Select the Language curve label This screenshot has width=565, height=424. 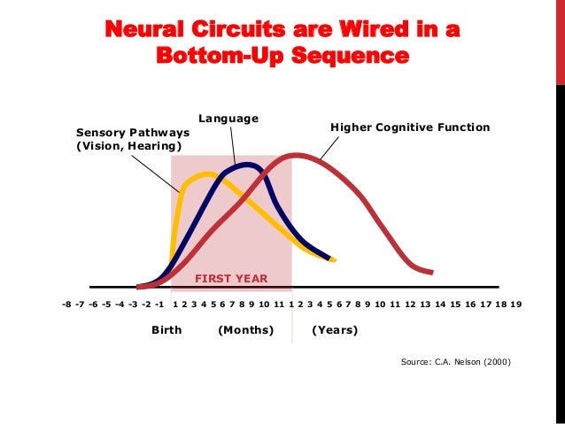[x=228, y=117]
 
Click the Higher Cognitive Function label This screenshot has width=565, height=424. [x=410, y=127]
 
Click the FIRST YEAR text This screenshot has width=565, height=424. [x=231, y=279]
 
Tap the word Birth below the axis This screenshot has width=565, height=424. [x=166, y=330]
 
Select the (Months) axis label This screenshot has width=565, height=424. [x=246, y=330]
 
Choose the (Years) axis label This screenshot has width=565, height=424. [x=335, y=330]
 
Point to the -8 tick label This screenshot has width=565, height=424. [x=67, y=305]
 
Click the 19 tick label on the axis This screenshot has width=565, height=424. [x=515, y=305]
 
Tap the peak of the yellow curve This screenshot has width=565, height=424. [x=208, y=173]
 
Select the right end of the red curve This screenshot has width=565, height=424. [x=430, y=271]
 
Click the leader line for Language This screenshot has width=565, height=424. [x=233, y=143]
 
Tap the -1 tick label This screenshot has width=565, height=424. [x=159, y=305]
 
